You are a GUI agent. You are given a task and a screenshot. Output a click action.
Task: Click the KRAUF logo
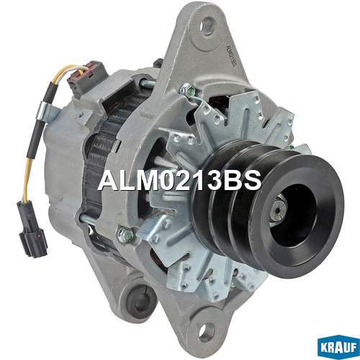coord(338,347)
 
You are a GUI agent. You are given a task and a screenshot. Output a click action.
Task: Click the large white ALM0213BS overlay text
coord(179,180)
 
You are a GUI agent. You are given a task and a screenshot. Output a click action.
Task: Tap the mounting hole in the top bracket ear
coord(207,25)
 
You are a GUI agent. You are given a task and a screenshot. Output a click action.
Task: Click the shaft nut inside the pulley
coord(278,211)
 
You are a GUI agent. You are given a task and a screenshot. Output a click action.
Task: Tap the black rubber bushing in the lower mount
coord(141,302)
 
